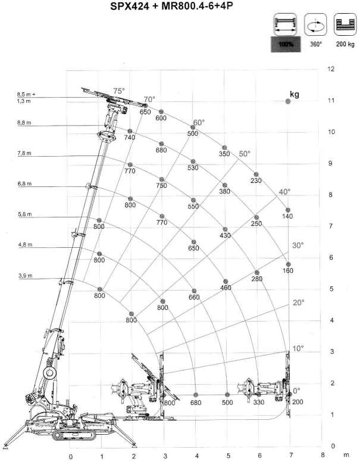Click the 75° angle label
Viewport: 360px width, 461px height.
pos(119,91)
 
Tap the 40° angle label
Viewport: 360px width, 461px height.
pos(284,192)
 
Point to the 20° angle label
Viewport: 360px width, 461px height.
pos(299,303)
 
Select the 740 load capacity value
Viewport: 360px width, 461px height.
pos(130,138)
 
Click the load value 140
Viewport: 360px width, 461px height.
pos(287,216)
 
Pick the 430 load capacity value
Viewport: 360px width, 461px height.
pos(225,235)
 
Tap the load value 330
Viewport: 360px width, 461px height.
pos(259,402)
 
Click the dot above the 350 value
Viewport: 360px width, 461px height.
pos(224,148)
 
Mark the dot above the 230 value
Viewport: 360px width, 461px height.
pos(256,175)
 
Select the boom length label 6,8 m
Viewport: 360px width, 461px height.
pos(24,184)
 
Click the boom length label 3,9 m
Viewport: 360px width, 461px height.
pos(25,276)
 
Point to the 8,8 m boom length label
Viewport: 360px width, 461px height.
pos(24,123)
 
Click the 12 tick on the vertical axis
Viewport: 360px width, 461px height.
pos(331,69)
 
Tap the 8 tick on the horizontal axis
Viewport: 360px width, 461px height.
pos(323,454)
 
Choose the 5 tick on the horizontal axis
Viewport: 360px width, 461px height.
pos(228,456)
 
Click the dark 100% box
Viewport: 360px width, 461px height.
pos(286,45)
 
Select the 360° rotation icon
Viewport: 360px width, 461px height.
pos(315,25)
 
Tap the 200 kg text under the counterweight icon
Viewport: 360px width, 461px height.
pos(345,44)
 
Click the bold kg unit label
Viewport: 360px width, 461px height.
pos(295,94)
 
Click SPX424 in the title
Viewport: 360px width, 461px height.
pos(130,7)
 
